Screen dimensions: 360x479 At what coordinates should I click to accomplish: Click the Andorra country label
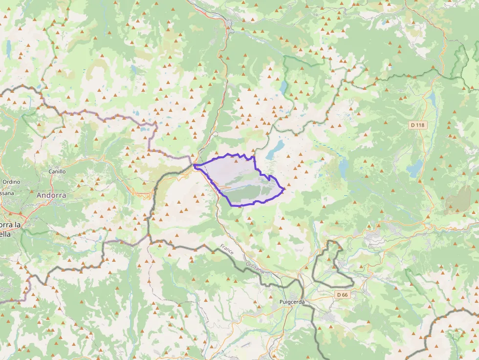point(51,195)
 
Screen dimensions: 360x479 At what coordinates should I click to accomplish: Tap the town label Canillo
point(57,171)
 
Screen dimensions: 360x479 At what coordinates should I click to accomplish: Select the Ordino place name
point(11,182)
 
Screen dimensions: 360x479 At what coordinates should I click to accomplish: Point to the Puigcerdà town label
point(292,302)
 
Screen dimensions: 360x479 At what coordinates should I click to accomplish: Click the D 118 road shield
point(418,125)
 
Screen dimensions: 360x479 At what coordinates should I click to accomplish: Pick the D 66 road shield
point(342,295)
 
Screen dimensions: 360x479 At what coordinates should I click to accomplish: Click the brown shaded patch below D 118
point(458,200)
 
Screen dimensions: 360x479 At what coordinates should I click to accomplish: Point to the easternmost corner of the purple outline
point(284,188)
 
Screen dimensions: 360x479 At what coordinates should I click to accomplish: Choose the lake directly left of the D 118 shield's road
point(415,169)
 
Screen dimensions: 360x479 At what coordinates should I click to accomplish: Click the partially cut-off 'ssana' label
point(7,193)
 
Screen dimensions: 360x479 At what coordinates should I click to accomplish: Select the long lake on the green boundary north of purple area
point(284,87)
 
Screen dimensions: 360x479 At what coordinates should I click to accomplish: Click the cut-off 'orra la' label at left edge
point(10,225)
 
